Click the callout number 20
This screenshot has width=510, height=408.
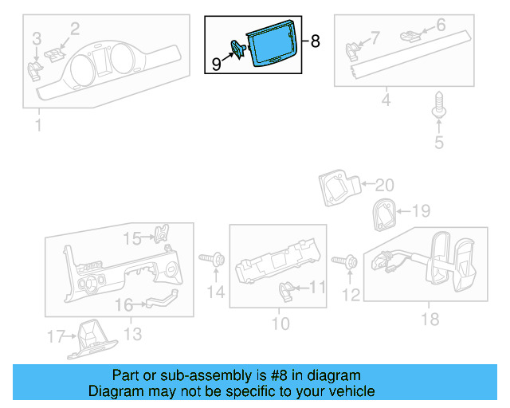(384, 185)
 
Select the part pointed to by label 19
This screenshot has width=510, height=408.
(384, 214)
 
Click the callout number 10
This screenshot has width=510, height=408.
(279, 324)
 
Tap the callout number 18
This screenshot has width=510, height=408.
(430, 319)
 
